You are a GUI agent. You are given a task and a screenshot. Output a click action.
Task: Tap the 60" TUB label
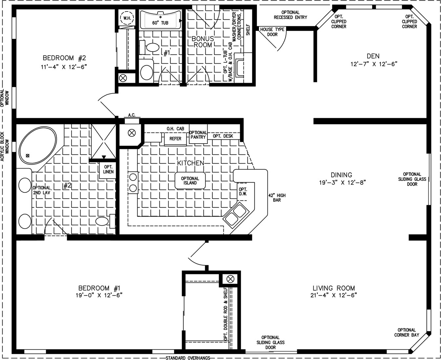click(x=160, y=23)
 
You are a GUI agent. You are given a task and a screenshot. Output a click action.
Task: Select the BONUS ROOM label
click(x=203, y=42)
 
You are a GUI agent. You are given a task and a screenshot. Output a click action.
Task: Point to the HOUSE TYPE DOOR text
click(x=272, y=32)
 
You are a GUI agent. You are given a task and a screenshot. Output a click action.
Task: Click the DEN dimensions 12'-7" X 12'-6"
click(x=374, y=64)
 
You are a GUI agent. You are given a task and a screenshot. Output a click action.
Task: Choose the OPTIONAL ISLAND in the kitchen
click(x=190, y=181)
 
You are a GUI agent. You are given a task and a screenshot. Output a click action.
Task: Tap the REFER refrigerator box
click(x=175, y=139)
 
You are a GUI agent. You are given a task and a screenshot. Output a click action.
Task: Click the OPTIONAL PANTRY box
click(x=198, y=134)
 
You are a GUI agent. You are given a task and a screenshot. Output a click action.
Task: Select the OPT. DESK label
click(x=223, y=136)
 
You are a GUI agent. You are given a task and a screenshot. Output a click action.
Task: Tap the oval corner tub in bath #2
click(x=38, y=145)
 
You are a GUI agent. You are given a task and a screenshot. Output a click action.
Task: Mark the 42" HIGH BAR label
click(x=277, y=198)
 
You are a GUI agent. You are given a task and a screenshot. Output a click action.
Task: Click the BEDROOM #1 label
click(x=99, y=288)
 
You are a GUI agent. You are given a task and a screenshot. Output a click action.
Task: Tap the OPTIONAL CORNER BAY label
click(x=407, y=332)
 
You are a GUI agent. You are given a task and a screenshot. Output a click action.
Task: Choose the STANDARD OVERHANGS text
click(x=188, y=358)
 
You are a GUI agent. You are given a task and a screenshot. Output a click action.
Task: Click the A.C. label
click(x=132, y=115)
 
